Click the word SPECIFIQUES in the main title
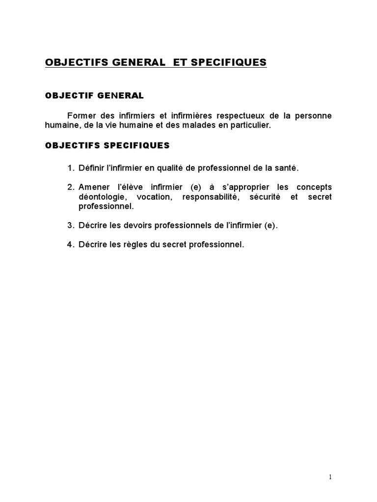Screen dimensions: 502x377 pos(228,62)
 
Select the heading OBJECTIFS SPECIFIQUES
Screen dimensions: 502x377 pos(107,145)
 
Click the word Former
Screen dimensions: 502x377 pos(81,116)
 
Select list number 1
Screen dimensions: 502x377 pos(71,168)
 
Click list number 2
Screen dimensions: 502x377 pos(71,187)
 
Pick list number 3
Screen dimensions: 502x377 pos(71,226)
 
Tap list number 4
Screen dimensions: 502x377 pos(71,245)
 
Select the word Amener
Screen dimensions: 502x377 pos(93,187)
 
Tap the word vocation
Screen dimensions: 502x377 pos(154,197)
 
